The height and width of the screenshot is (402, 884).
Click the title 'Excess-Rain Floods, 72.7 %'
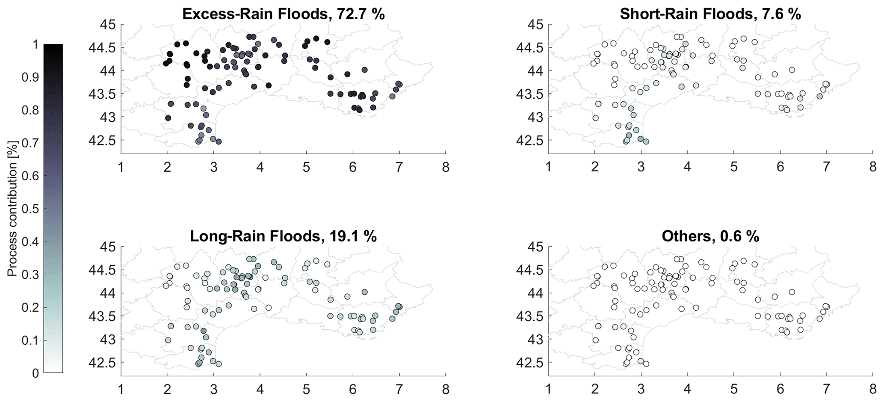point(283,14)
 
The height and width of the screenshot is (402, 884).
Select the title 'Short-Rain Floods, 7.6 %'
point(710,14)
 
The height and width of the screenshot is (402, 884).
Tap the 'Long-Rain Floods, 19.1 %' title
point(283,236)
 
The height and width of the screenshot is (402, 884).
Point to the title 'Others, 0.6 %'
point(710,236)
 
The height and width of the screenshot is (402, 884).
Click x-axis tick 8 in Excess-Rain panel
point(446,167)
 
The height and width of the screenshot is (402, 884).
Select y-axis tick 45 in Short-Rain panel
point(535,24)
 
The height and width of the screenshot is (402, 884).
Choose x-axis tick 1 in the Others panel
point(548,390)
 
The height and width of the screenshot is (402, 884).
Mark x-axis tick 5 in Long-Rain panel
point(306,390)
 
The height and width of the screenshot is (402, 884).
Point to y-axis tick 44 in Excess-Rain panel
point(108,70)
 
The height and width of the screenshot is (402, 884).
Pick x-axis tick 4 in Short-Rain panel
point(687,167)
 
